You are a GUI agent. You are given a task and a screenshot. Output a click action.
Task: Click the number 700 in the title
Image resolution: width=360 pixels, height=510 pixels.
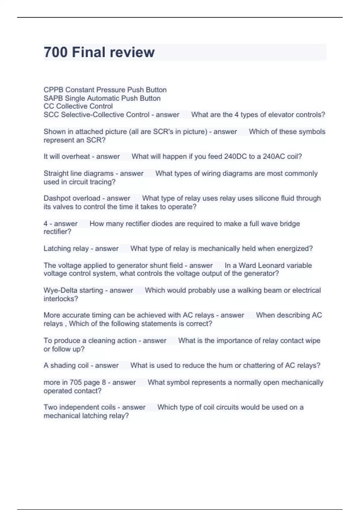point(55,52)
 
